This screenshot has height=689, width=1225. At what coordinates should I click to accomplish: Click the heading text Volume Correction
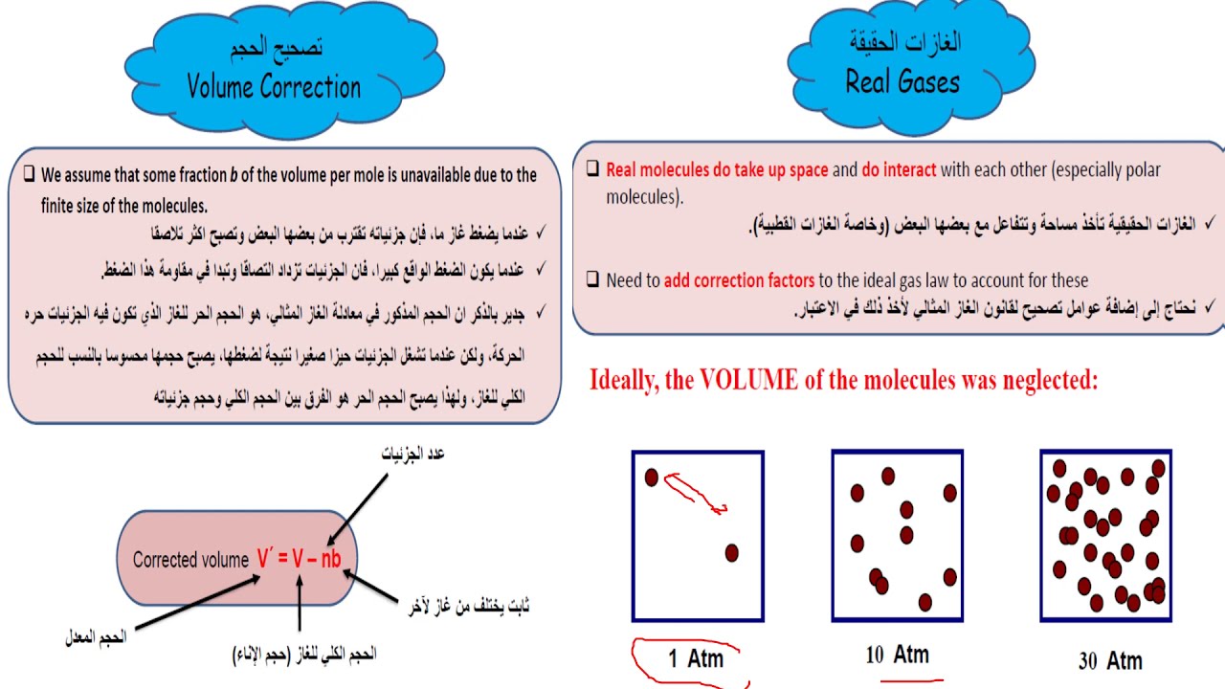coord(274,87)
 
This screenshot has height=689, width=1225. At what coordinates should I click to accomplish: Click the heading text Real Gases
coord(902,82)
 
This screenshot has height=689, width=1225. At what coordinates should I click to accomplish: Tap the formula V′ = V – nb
coord(299,560)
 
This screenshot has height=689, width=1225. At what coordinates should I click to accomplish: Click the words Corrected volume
coord(190,561)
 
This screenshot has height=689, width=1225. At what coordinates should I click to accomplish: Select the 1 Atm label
coord(696,657)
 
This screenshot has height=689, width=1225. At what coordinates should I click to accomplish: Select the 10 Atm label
coord(897,655)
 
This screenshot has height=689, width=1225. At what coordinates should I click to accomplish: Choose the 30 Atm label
coord(1110,660)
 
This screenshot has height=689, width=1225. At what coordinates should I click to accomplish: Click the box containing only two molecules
coord(698,536)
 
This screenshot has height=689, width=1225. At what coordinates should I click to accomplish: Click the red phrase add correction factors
coord(740,280)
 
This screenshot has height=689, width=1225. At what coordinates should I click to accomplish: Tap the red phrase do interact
coord(899,170)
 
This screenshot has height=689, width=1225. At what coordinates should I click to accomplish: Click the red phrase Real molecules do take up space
coord(717,170)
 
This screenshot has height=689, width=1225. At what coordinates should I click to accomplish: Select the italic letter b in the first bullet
coord(234,175)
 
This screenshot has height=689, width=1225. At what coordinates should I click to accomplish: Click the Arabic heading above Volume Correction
coord(276,48)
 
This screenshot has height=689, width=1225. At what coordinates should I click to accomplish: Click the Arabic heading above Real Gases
coord(904,41)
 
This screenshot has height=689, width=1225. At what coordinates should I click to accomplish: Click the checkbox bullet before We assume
coord(29,175)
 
